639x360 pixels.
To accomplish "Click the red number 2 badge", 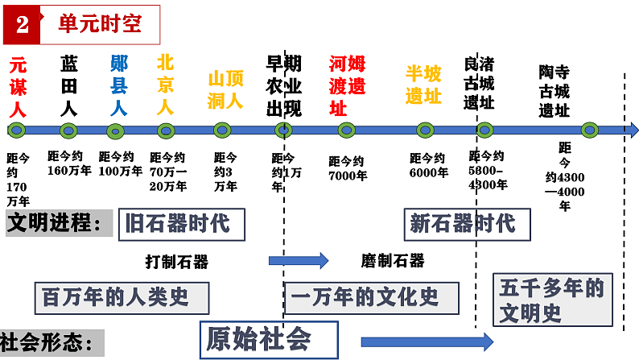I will click(x=21, y=24).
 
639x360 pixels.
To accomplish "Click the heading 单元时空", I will click(x=99, y=23).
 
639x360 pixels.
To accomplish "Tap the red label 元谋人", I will click(x=19, y=85).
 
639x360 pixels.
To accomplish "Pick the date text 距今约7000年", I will click(x=348, y=168).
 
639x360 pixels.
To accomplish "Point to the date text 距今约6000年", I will click(x=427, y=165).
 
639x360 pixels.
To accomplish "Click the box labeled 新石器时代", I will click(x=467, y=223).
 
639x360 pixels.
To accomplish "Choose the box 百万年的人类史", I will click(x=122, y=297).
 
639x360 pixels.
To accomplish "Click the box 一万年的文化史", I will click(x=371, y=297).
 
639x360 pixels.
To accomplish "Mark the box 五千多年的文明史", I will click(x=552, y=299).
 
